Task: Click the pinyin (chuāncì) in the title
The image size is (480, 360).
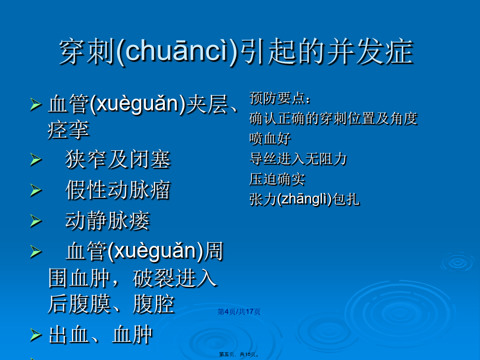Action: (x=177, y=51)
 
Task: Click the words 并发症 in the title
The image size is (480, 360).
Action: (x=370, y=51)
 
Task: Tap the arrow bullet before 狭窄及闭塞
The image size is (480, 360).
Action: (x=36, y=160)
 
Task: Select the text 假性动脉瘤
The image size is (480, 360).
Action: (x=118, y=190)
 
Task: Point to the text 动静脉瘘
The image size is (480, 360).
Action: (x=107, y=220)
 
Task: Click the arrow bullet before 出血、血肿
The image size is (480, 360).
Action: (x=36, y=335)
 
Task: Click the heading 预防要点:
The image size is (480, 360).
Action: (x=280, y=98)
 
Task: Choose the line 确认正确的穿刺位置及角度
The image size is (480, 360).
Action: (x=333, y=118)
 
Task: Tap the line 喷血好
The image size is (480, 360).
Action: (x=270, y=139)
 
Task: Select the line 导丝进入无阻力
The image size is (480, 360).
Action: (x=298, y=159)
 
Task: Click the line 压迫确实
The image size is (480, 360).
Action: (x=277, y=179)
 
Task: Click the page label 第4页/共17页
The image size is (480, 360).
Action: (x=239, y=312)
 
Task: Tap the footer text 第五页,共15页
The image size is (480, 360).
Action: (x=239, y=354)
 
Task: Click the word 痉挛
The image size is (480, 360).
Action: (x=68, y=130)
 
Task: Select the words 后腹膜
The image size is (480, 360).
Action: (x=79, y=304)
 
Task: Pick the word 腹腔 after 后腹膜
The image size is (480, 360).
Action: (x=153, y=304)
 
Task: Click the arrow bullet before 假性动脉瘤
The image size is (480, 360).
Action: (x=36, y=190)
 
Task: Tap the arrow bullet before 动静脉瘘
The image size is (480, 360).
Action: (x=36, y=221)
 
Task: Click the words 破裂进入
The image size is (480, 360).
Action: (x=175, y=278)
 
